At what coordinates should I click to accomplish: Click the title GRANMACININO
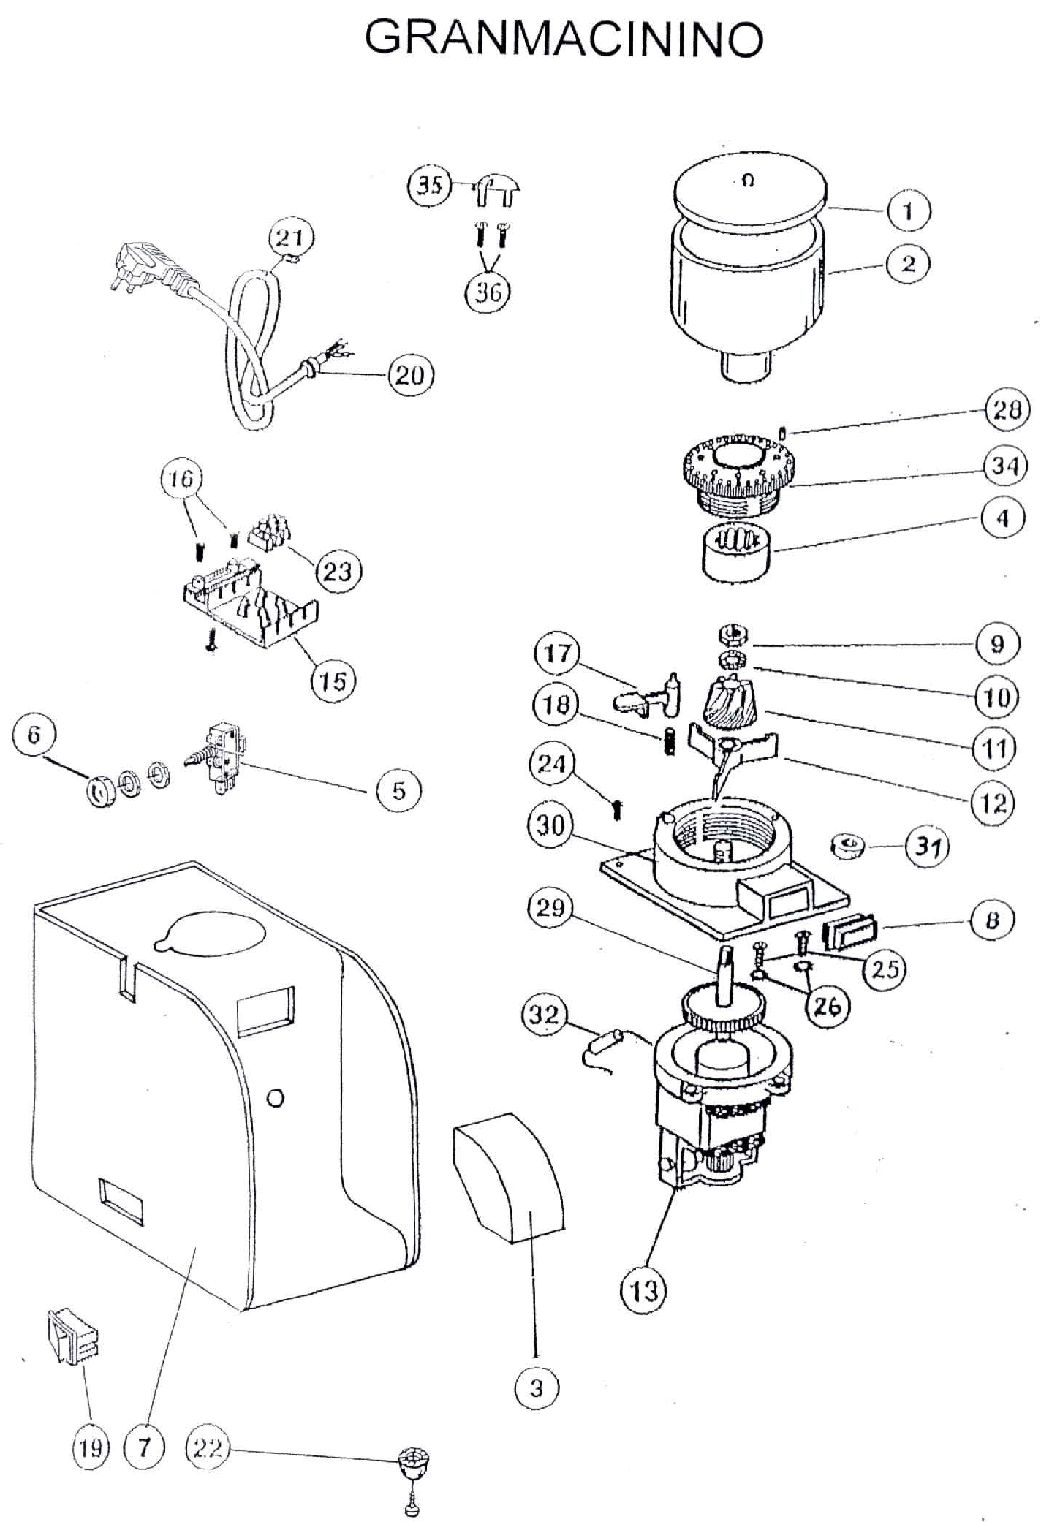point(564,38)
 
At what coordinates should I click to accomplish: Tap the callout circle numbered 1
point(909,211)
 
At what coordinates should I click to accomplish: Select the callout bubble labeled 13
point(643,1291)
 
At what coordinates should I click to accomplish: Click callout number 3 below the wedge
point(537,1387)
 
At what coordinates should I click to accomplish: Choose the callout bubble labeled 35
point(428,186)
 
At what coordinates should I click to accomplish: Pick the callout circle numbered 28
point(1007,409)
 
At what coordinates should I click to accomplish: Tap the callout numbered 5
point(398,790)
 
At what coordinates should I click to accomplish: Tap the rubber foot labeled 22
point(413,1464)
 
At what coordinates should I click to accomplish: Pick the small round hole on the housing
point(276,1097)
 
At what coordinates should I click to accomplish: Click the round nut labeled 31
point(847,847)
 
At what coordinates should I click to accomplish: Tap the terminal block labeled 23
point(268,536)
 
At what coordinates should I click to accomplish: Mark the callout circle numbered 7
point(144,1447)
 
